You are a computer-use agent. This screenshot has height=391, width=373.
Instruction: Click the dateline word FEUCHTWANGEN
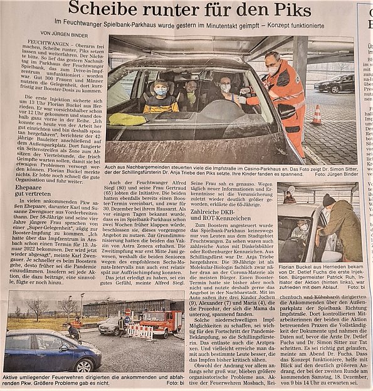coord(57,46)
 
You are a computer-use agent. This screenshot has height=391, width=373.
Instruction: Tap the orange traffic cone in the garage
coord(317,115)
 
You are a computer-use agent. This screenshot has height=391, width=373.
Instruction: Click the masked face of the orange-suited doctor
coord(272,69)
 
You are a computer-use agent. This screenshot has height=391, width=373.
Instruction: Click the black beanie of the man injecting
coord(329,199)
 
